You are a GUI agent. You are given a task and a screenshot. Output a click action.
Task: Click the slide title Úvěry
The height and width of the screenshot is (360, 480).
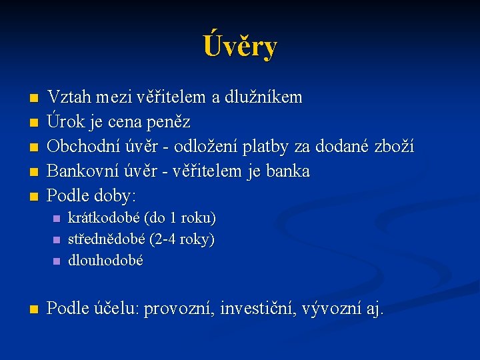tap(240, 47)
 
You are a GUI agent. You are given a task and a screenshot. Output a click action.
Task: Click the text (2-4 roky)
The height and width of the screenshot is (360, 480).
tap(183, 239)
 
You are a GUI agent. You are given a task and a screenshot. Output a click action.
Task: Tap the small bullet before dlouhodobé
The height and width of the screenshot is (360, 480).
tap(56, 261)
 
